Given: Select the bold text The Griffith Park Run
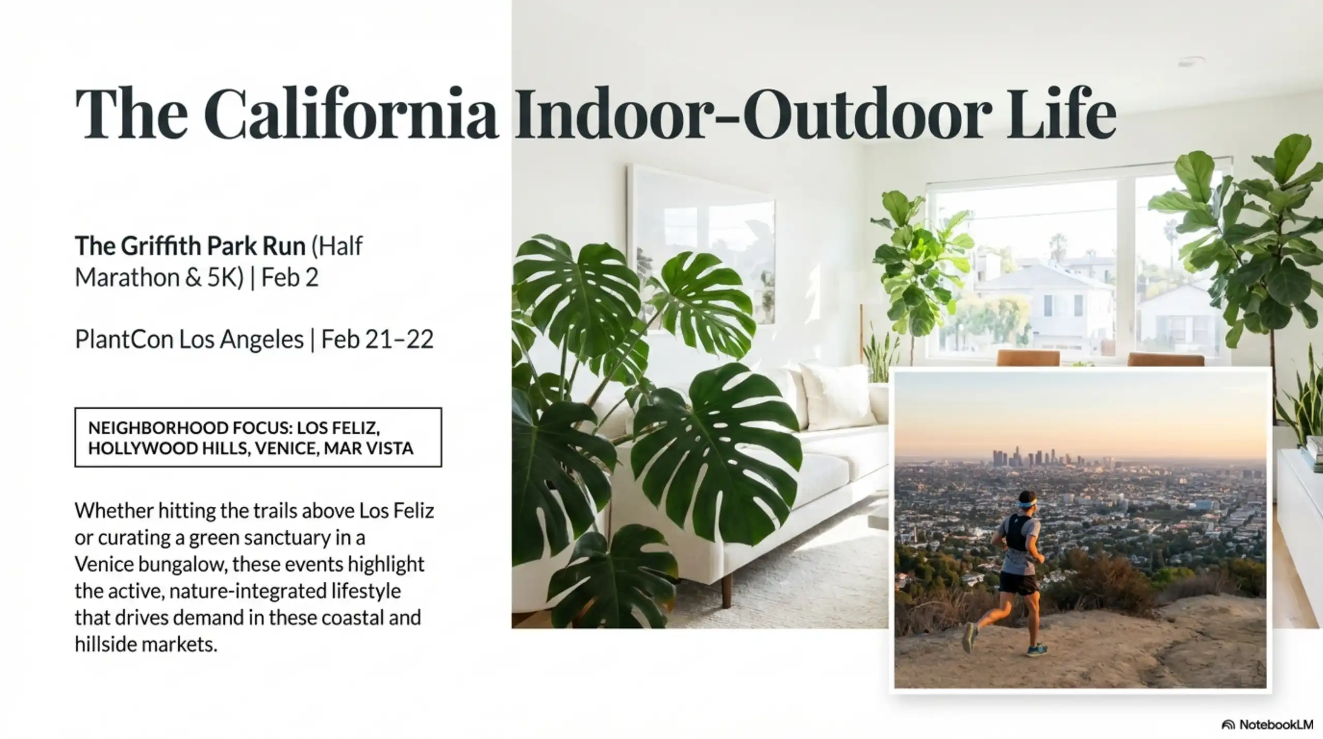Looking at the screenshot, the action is tap(190, 246).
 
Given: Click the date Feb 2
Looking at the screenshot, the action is tap(290, 278).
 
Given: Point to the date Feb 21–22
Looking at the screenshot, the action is tap(377, 340).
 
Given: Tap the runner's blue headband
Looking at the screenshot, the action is tap(1009, 502).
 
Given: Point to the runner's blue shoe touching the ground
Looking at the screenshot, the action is tap(1037, 650).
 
